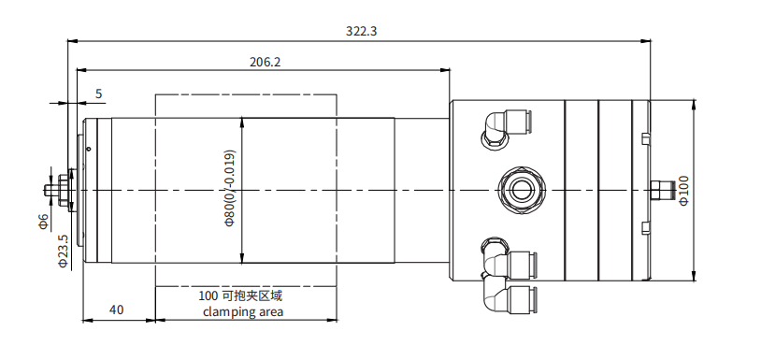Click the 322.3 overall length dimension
click(361, 31)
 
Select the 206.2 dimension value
click(265, 62)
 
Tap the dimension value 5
click(99, 94)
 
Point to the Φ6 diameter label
click(44, 221)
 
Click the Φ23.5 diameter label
click(63, 251)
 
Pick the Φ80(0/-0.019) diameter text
click(230, 188)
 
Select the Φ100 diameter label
click(683, 191)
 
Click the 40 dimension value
click(116, 310)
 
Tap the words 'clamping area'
click(243, 311)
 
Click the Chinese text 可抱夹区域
click(251, 295)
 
